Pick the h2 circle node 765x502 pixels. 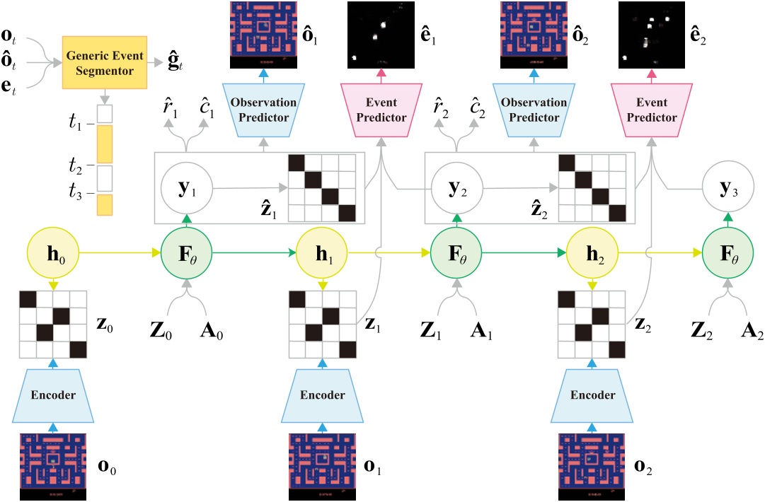pos(592,251)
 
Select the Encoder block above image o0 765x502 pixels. pos(53,395)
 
